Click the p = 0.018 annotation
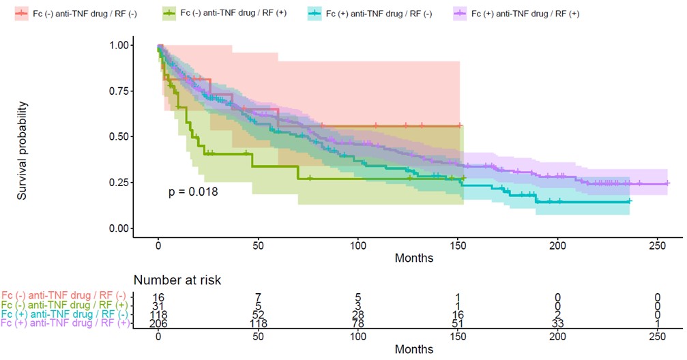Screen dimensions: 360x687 (x=193, y=192)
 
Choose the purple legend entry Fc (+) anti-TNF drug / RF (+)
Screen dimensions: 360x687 (x=518, y=13)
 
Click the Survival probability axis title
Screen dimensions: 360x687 (x=23, y=151)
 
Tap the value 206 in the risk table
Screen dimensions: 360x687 (x=158, y=323)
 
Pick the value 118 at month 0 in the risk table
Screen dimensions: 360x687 (x=158, y=314)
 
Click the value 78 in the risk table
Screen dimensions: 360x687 (x=358, y=323)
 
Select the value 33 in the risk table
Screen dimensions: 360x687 (x=558, y=323)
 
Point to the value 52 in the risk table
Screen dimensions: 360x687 (x=258, y=314)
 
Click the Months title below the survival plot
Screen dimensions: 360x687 (x=413, y=258)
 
